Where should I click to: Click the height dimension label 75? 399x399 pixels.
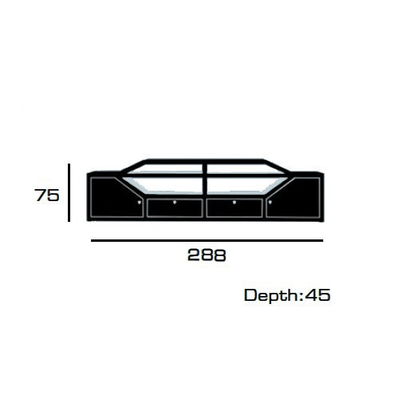tap(47, 195)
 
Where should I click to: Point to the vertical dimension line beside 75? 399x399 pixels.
tap(69, 192)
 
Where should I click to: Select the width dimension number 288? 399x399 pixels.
tap(207, 255)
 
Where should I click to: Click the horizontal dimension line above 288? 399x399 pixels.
tap(207, 240)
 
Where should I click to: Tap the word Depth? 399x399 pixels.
tap(271, 296)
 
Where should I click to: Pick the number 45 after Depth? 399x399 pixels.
tap(318, 295)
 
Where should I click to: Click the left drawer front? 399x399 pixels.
tap(175, 208)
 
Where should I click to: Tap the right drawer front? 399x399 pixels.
tap(235, 208)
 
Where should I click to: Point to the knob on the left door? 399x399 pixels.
tap(140, 203)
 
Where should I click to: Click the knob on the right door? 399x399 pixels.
tap(271, 203)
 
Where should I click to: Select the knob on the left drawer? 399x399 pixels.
tap(175, 203)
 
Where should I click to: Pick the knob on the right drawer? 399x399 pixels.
tap(235, 203)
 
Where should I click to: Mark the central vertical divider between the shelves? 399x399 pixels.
tap(204, 178)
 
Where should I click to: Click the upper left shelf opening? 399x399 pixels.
tap(166, 168)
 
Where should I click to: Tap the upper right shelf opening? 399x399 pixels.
tap(243, 168)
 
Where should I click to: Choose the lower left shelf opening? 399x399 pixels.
tap(170, 185)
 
